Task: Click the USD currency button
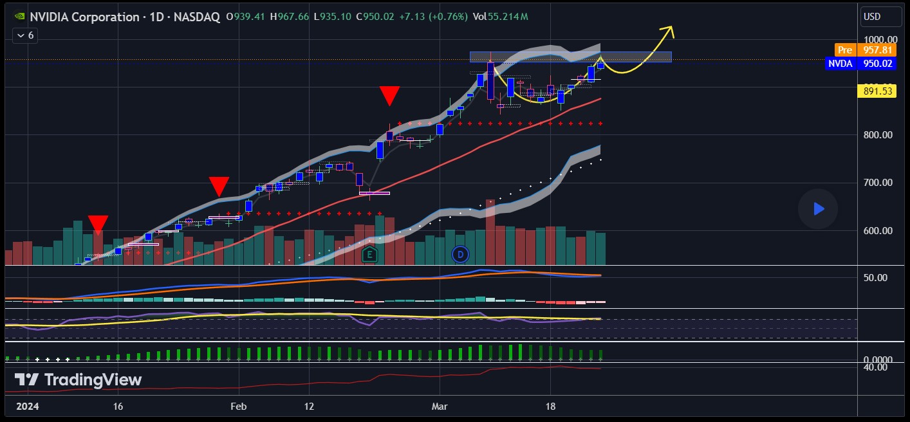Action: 873,16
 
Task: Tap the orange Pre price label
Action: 844,50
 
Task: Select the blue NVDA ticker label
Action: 840,63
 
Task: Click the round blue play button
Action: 818,208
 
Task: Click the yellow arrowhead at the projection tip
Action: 669,29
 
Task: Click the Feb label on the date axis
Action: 239,407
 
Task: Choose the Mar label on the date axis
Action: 440,407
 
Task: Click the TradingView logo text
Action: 78,380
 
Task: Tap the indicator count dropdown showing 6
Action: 26,35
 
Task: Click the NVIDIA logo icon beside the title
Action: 20,17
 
